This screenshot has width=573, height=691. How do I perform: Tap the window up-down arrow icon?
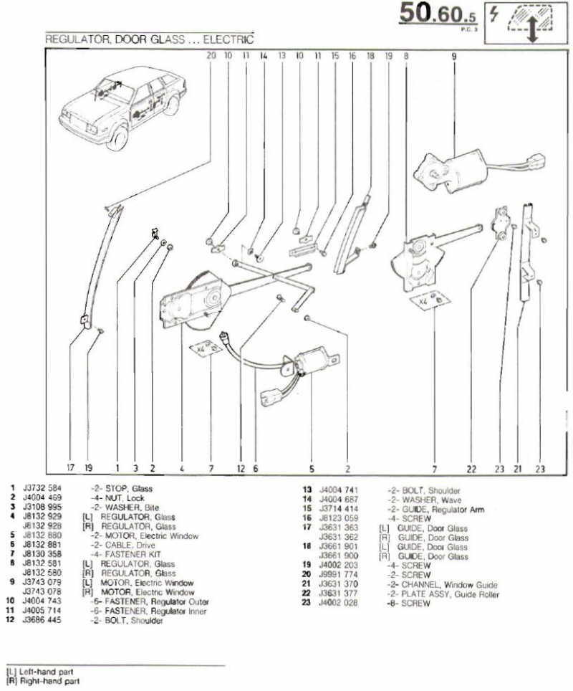tap(531, 22)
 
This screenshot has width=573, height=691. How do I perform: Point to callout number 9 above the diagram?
tap(453, 54)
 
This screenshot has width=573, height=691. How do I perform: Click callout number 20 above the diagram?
tap(210, 54)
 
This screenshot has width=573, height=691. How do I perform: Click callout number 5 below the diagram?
tap(312, 470)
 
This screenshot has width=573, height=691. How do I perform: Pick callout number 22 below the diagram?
tap(471, 470)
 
